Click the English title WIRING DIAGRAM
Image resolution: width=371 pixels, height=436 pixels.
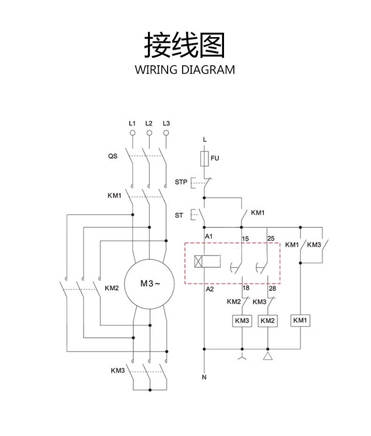click(185, 70)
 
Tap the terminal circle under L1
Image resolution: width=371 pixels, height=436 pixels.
click(132, 133)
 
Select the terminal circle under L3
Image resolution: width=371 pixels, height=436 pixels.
click(166, 133)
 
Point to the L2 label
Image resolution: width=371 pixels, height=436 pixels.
click(149, 123)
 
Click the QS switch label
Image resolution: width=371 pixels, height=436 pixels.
click(113, 156)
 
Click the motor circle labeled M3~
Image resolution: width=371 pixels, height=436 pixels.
click(150, 284)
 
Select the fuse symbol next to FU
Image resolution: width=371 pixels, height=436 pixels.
click(204, 158)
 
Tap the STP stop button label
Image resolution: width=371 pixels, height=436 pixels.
click(181, 181)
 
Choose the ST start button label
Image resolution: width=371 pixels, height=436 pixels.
click(179, 215)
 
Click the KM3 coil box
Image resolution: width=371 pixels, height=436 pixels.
click(242, 320)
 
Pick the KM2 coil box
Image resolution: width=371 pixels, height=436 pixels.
click(267, 320)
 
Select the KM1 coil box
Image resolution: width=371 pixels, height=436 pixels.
click(300, 320)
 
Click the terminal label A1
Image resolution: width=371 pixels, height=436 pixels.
click(209, 236)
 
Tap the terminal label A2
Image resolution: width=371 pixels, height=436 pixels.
click(210, 289)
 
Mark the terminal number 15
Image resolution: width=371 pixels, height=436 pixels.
click(245, 239)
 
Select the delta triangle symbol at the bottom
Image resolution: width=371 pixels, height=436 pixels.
click(268, 358)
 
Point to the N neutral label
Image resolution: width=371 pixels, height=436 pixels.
click(204, 377)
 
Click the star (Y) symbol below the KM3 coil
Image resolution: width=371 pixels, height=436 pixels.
click(242, 359)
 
